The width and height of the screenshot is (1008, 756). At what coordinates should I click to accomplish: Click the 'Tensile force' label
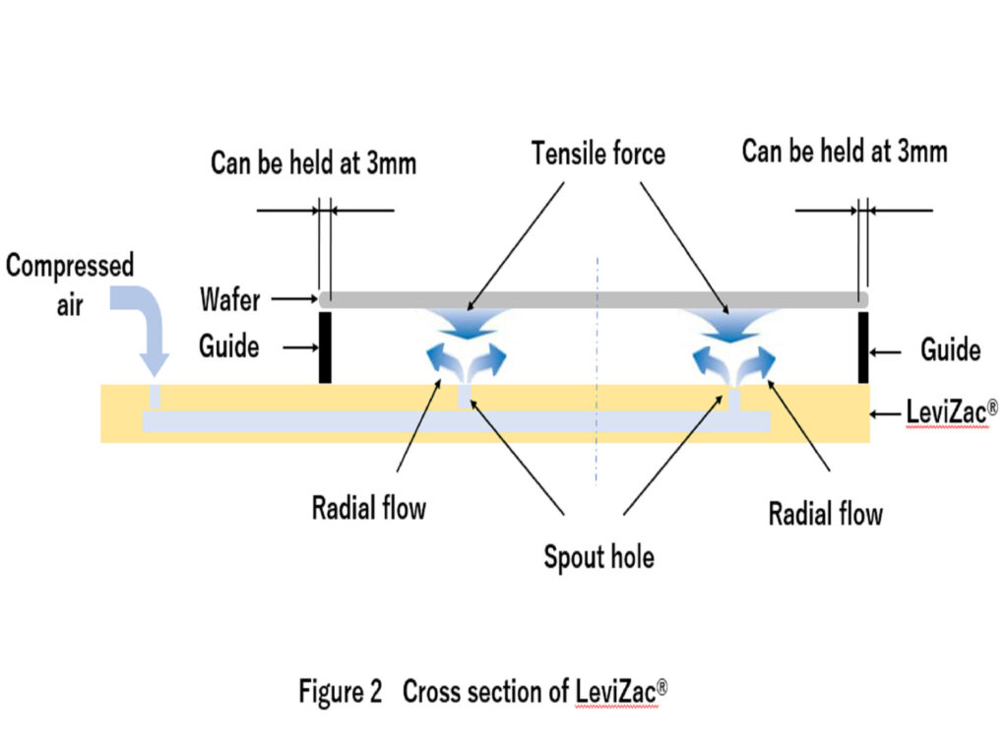(x=598, y=155)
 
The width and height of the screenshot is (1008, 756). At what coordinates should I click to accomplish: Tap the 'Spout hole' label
(x=598, y=557)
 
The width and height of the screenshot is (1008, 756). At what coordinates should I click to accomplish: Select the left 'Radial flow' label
(x=368, y=509)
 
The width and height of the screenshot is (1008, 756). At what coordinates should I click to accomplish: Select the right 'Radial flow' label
(x=825, y=513)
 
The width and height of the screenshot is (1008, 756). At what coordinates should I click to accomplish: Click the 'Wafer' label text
(x=231, y=298)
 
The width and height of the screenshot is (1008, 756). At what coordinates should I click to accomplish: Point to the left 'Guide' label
(x=229, y=346)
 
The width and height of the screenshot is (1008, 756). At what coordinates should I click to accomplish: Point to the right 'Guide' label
(x=950, y=349)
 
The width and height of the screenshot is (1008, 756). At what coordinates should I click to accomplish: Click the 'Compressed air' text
(x=70, y=281)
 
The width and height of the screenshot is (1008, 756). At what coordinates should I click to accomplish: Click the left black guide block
(x=325, y=346)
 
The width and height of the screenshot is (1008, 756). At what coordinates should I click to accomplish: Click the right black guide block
(x=863, y=346)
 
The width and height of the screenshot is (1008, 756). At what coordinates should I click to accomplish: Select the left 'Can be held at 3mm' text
(x=313, y=162)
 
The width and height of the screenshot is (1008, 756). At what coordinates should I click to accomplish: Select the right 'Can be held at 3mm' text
(x=844, y=152)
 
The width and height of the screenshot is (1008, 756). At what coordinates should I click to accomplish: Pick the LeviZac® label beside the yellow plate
(x=945, y=413)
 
